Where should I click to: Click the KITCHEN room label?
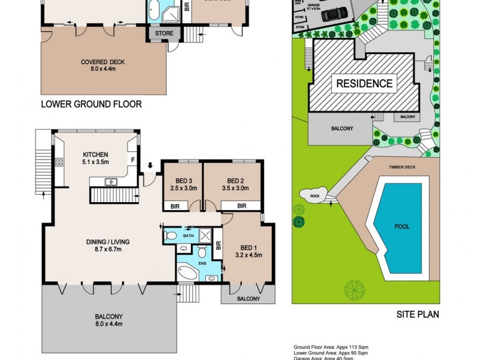click(95, 154)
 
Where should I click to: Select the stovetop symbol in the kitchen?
click(59, 161)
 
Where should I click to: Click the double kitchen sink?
click(110, 181)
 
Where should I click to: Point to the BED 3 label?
click(184, 181)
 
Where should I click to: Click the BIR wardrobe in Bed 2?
click(242, 206)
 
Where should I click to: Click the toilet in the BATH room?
click(170, 236)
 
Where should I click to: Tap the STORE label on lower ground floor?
click(164, 34)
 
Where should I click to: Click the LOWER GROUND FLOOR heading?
click(91, 104)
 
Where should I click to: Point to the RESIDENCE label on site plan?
click(364, 83)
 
